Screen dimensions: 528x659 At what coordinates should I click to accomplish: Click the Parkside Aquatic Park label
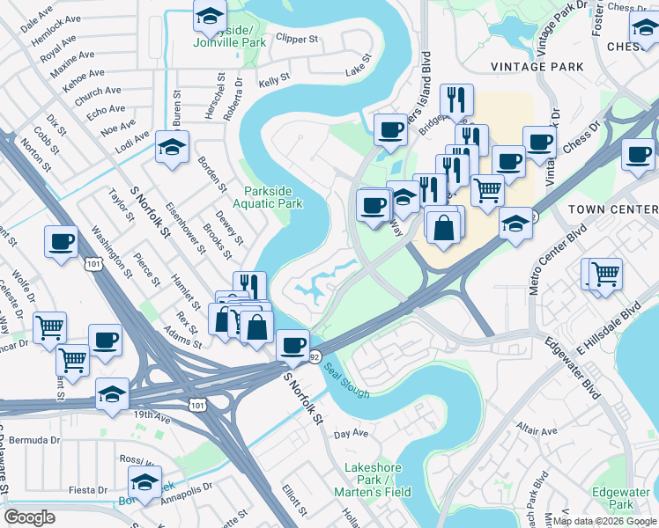[x=273, y=197]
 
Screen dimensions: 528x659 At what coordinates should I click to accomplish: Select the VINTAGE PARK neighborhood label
[x=537, y=66]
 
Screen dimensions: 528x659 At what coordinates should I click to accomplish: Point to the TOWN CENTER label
[x=613, y=209]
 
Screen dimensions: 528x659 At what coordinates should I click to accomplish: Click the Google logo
[x=30, y=517]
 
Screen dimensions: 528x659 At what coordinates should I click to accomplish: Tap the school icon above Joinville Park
[x=210, y=15]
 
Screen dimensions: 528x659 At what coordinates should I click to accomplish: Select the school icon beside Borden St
[x=172, y=146]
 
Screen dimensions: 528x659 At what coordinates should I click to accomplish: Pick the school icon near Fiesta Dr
[x=145, y=482]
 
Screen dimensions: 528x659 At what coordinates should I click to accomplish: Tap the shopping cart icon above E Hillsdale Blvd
[x=605, y=274]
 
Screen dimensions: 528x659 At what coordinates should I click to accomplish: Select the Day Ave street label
[x=351, y=434]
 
